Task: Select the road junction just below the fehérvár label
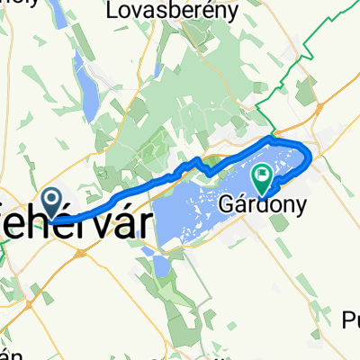(x=79, y=252)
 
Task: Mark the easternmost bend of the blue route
(x=311, y=159)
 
